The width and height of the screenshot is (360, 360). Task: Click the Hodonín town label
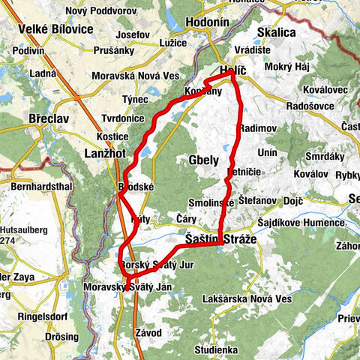(x=203, y=23)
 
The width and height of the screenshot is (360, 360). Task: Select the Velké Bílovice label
(x=51, y=30)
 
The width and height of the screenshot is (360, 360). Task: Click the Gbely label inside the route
(x=203, y=160)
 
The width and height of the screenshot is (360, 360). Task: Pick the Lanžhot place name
(x=105, y=151)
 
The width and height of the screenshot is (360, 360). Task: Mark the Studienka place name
(x=216, y=349)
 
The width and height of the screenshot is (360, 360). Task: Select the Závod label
(x=148, y=332)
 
